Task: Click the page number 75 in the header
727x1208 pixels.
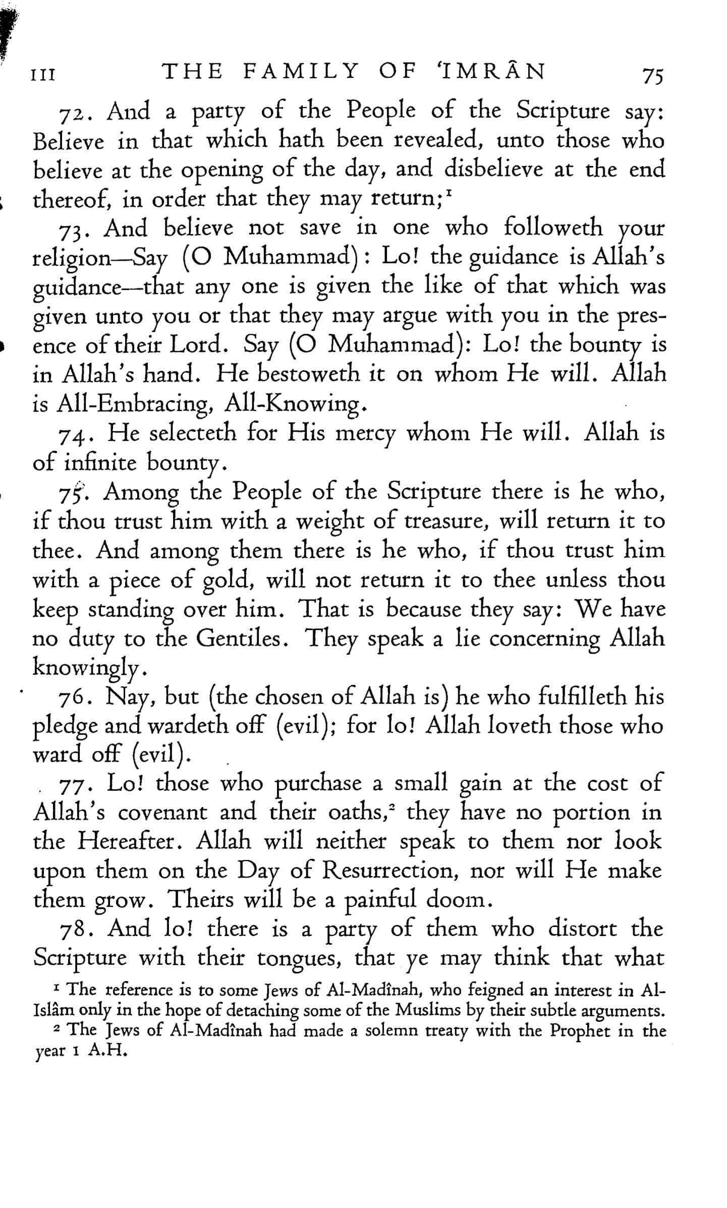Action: tap(653, 76)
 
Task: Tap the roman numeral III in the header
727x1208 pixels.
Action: tap(43, 76)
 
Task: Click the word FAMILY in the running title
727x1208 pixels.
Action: tap(301, 72)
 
